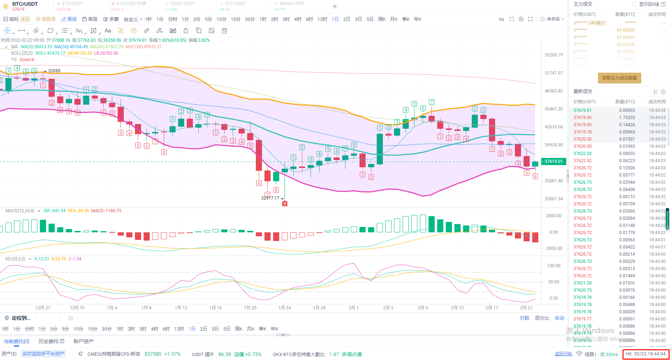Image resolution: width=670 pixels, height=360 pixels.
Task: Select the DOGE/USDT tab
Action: (182, 4)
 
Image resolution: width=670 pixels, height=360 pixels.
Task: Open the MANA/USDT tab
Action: (291, 4)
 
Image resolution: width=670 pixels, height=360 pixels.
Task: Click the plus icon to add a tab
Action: (335, 6)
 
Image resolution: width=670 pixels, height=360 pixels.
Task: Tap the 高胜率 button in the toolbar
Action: (46, 19)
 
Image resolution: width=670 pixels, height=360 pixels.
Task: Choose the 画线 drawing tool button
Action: (69, 19)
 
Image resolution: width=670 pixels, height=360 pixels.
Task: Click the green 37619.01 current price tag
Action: (553, 161)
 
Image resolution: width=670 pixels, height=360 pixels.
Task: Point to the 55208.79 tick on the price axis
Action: (553, 55)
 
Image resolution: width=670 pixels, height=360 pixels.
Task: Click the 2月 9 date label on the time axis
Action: (423, 307)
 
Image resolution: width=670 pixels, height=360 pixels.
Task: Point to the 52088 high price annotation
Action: (54, 71)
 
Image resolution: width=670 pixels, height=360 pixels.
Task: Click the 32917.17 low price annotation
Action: (270, 198)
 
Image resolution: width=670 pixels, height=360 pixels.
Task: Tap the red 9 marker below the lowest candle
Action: (285, 204)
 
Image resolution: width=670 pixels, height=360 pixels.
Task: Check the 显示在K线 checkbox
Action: (635, 4)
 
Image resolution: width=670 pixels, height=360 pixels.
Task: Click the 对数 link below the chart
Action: (524, 318)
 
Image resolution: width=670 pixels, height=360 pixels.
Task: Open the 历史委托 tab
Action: (51, 341)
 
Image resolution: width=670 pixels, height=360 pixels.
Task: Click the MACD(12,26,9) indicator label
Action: (20, 211)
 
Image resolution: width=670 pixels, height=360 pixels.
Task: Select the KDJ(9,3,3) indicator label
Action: (15, 259)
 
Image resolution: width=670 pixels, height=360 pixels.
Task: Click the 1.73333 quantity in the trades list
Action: (627, 118)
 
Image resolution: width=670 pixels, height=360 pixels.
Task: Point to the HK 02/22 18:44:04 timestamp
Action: (646, 354)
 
